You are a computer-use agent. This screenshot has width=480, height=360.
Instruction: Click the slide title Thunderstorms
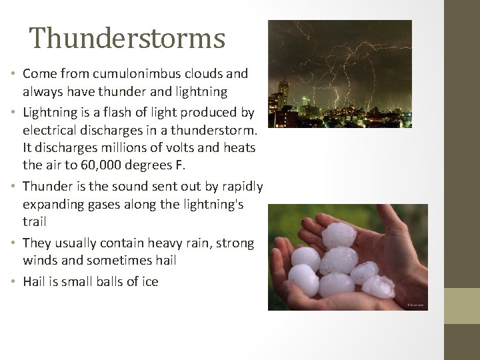[127, 38]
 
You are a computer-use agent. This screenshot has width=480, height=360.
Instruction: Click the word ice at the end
[149, 281]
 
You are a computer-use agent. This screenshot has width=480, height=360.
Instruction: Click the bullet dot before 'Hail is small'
[14, 282]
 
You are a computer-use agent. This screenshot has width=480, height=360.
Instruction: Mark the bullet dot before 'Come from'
[14, 73]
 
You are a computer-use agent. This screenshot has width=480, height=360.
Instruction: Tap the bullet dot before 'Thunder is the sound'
[14, 187]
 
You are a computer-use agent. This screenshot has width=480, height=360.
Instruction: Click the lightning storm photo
[339, 73]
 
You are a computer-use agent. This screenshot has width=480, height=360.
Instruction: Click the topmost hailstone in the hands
[339, 235]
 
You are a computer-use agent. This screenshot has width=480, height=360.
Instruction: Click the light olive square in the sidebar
[461, 305]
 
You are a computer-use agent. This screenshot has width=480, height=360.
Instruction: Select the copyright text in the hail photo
[415, 305]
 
